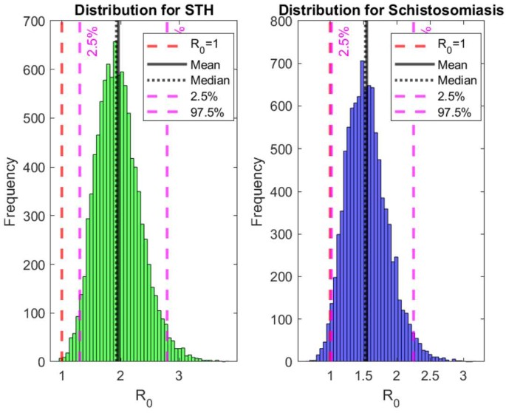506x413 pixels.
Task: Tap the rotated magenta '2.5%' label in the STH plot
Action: (94, 44)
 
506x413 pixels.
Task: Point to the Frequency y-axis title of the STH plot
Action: (11, 191)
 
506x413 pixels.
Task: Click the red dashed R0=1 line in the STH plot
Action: (62, 222)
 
